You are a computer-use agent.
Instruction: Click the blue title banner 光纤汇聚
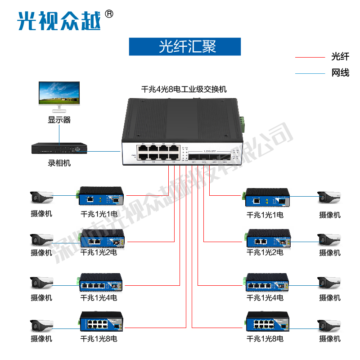click(x=185, y=46)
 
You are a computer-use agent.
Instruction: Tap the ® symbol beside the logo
click(x=108, y=14)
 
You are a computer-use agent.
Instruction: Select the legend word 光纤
click(x=340, y=57)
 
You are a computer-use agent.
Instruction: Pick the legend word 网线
click(x=340, y=72)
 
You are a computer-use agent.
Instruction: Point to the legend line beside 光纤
click(x=310, y=58)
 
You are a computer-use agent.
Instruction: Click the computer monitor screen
click(x=59, y=93)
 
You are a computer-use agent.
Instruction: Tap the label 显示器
click(x=59, y=120)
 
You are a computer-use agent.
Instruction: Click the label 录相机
click(x=59, y=163)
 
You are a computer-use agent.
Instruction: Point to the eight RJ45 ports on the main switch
click(x=161, y=152)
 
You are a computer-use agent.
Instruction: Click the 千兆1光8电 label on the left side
click(x=99, y=338)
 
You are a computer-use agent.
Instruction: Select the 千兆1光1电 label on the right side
click(x=265, y=215)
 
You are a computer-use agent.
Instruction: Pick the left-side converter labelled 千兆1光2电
click(x=102, y=239)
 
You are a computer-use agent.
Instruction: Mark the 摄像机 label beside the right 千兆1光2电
click(x=330, y=253)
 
